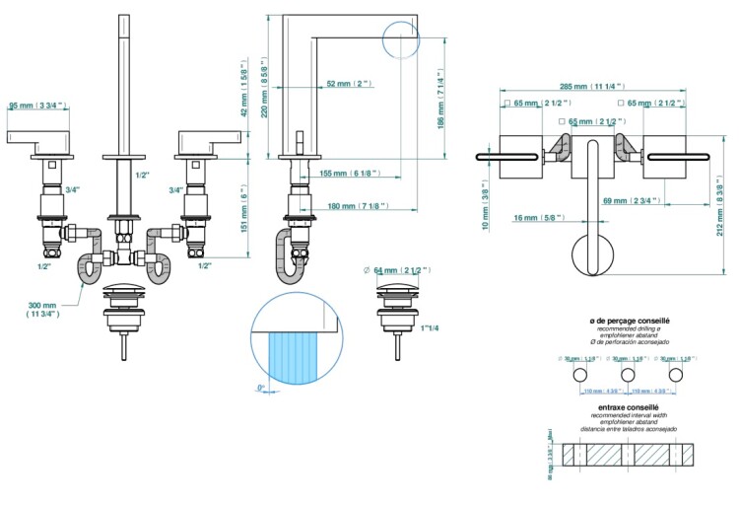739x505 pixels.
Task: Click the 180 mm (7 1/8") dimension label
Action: pos(358,206)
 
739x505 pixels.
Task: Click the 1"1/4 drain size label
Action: pos(430,328)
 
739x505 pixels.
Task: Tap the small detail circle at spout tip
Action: pos(399,42)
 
